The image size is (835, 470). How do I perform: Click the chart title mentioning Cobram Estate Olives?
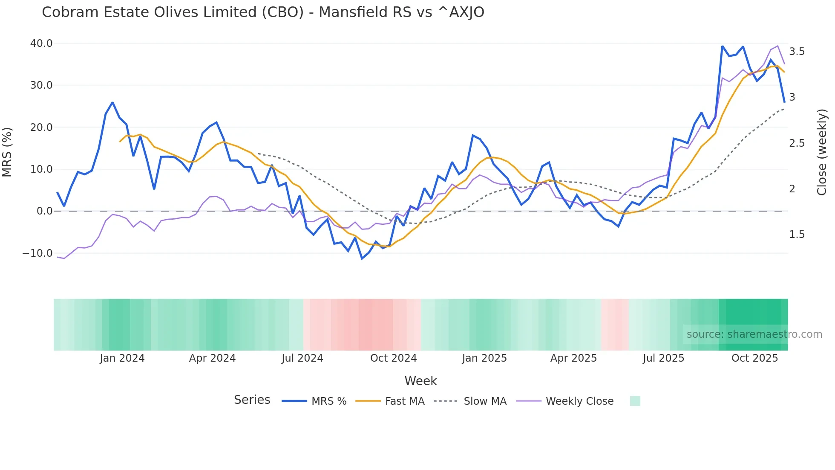(263, 12)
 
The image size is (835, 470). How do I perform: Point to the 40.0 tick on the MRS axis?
(41, 44)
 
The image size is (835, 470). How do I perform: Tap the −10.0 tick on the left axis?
(37, 253)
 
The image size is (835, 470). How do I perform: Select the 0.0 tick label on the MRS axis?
(44, 211)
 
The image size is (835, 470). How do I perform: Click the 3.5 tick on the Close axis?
(797, 52)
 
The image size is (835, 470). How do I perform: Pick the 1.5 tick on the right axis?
(797, 235)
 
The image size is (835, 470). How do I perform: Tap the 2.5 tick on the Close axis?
(797, 143)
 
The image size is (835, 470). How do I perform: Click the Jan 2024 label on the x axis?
(122, 358)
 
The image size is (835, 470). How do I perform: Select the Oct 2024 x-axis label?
(393, 358)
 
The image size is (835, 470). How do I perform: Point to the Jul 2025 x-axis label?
(663, 358)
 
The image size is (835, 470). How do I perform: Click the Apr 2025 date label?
(573, 358)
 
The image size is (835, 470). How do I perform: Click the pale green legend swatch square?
(635, 401)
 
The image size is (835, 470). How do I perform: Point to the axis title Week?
(420, 381)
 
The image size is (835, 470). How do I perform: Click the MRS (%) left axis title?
(7, 152)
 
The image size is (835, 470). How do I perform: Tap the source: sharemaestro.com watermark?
(754, 334)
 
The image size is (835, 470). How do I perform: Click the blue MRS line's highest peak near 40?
(723, 46)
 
